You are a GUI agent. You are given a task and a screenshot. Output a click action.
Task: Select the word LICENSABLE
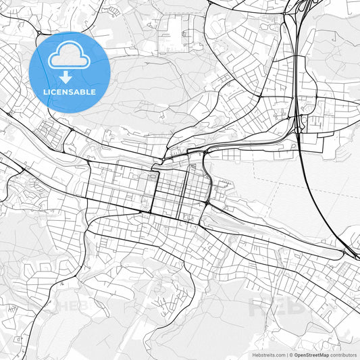coord(70,92)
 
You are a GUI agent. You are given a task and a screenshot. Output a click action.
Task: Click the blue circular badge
coord(70,71)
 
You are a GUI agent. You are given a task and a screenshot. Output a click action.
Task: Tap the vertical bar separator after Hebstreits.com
coord(288,355)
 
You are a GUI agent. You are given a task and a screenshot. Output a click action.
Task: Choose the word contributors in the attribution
coord(343,355)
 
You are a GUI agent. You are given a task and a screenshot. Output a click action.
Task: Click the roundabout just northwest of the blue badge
coord(39,32)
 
